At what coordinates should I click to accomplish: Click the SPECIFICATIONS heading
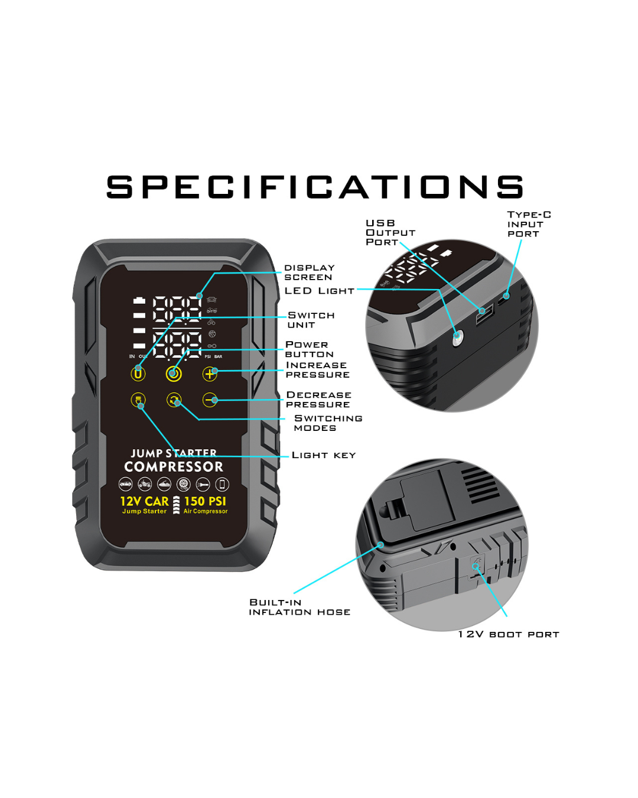314,187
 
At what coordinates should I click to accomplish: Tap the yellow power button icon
174,374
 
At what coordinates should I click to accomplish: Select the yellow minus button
210,400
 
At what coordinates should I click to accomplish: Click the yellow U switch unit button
138,374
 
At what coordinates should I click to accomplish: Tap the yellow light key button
138,400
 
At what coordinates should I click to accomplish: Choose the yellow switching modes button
174,400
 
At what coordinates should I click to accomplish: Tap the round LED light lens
457,338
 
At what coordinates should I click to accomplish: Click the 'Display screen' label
309,272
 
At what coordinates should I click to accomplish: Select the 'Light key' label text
323,455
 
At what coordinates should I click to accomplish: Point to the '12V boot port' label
508,634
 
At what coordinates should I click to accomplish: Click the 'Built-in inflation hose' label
300,607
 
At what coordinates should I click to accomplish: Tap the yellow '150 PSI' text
205,501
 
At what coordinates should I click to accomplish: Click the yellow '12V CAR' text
145,501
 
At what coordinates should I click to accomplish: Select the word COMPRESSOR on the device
174,467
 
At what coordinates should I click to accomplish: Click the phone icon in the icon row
222,484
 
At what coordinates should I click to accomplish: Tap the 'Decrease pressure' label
318,400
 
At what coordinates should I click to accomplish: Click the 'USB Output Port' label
390,232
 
